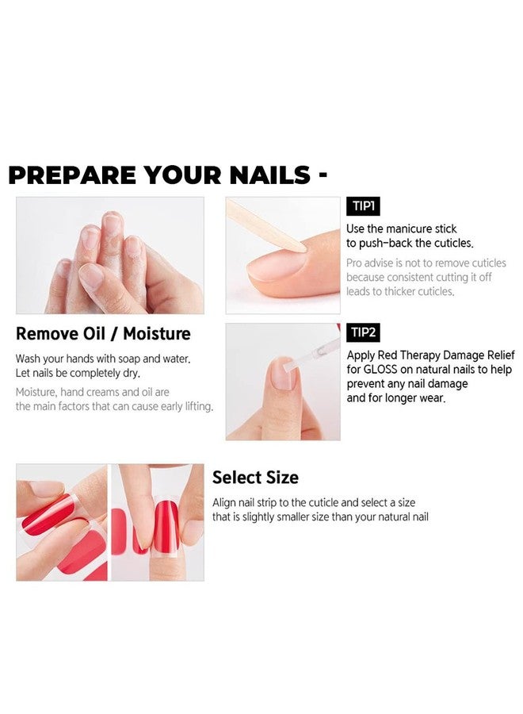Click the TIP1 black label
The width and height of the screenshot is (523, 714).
point(363,207)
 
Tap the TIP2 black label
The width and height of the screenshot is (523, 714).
point(364,332)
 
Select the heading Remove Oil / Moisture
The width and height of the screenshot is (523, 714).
point(103,333)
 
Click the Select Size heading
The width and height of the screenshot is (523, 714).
point(255,478)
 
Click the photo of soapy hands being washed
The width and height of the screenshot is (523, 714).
point(109,255)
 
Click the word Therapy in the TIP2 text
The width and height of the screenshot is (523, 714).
point(424,355)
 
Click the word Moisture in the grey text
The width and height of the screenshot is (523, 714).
point(38,392)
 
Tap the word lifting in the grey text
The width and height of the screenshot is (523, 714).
point(194,407)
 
